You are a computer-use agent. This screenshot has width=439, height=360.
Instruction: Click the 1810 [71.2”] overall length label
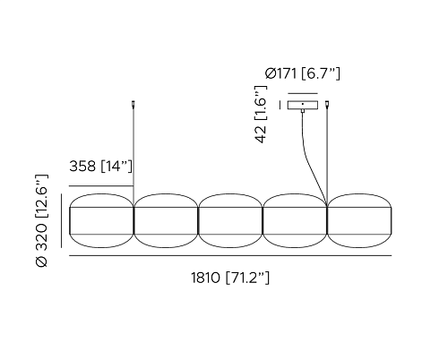(230, 278)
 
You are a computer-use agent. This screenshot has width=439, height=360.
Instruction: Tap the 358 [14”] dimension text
(100, 166)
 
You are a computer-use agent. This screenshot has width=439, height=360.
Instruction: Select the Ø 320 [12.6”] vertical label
(41, 220)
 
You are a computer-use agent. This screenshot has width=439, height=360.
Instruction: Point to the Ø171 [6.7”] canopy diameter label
(302, 73)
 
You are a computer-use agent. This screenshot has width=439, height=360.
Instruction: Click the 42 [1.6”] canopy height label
(261, 115)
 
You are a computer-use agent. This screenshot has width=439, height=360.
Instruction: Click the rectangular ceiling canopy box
(303, 105)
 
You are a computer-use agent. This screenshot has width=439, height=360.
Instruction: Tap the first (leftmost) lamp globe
(101, 220)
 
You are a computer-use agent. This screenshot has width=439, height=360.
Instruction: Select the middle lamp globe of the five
(230, 220)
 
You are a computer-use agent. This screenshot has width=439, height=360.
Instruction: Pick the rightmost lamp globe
(359, 220)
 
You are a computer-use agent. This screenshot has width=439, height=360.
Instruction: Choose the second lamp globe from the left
(166, 220)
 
